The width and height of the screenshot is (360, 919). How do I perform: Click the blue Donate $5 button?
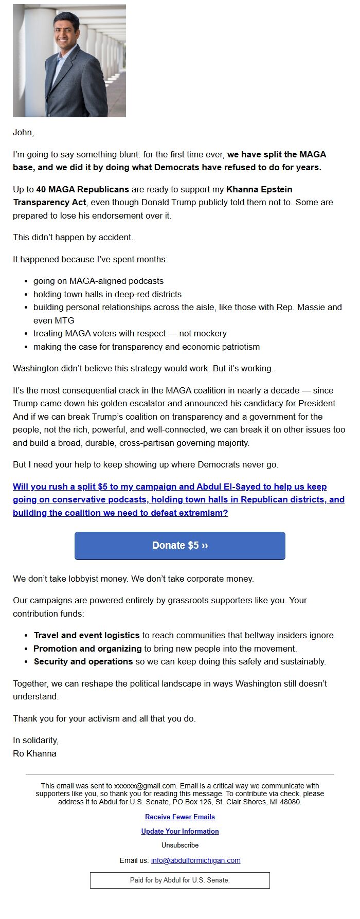[x=179, y=546]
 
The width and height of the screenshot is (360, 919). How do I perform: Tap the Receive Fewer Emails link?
[x=179, y=817]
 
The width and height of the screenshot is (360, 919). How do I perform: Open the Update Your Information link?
[x=179, y=831]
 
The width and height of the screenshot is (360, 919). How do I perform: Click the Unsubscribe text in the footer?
[x=179, y=845]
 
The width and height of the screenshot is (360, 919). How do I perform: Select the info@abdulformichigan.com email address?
[x=195, y=860]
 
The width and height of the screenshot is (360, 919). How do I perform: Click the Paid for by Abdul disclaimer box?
[x=179, y=880]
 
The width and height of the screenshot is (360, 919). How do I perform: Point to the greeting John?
[x=23, y=133]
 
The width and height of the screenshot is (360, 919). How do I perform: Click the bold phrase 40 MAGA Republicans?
[x=82, y=190]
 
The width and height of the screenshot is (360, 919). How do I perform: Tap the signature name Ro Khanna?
[x=34, y=753]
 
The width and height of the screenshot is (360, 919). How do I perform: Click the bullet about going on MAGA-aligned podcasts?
[x=98, y=281]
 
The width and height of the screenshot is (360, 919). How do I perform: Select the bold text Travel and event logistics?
[x=86, y=635]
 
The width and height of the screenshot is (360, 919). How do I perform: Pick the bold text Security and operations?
[x=83, y=661]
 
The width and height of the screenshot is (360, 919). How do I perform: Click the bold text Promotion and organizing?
[x=87, y=648]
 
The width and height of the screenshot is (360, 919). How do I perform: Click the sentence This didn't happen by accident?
[x=73, y=238]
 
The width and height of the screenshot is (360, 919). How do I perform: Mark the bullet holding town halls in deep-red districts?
[x=107, y=294]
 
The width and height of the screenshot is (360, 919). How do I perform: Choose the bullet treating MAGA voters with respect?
[x=130, y=333]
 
